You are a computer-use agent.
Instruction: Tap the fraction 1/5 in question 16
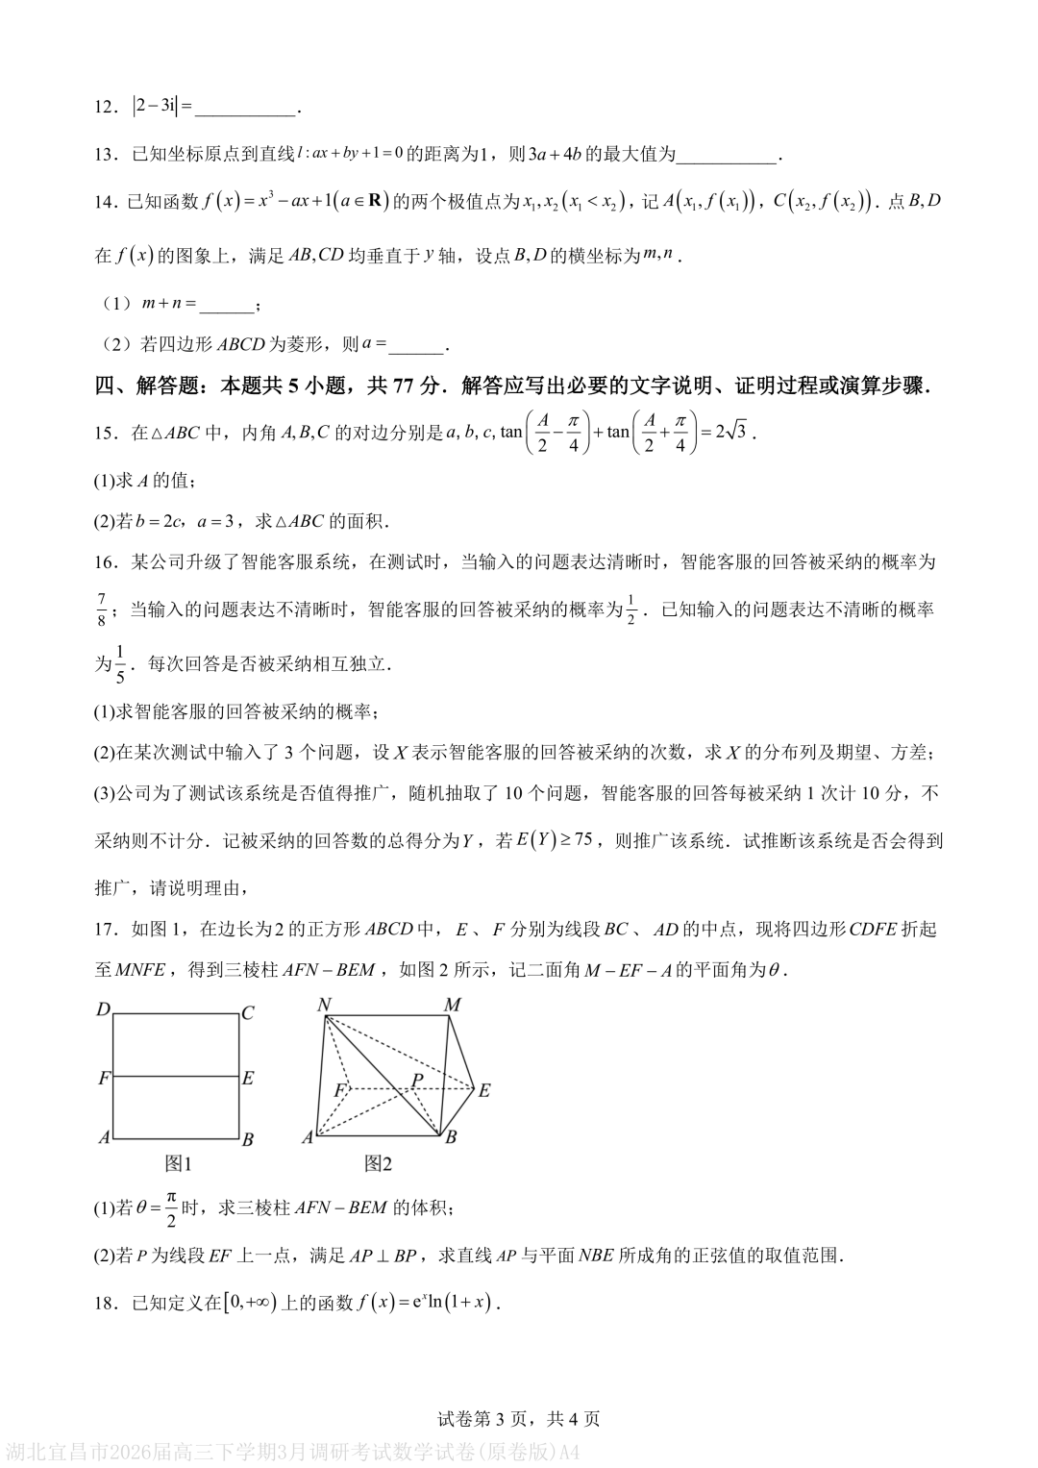point(120,663)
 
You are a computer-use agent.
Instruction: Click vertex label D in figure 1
point(103,1010)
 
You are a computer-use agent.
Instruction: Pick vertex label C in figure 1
point(248,1012)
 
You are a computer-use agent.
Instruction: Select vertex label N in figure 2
point(324,1005)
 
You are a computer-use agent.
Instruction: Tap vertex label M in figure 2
point(452,1005)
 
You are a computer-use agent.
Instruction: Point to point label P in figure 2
point(417,1080)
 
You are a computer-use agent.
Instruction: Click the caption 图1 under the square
point(178,1163)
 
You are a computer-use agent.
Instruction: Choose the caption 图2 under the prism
point(379,1163)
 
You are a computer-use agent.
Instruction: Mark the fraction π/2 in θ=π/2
point(171,1207)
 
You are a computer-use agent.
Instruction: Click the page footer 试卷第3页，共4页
point(519,1418)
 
